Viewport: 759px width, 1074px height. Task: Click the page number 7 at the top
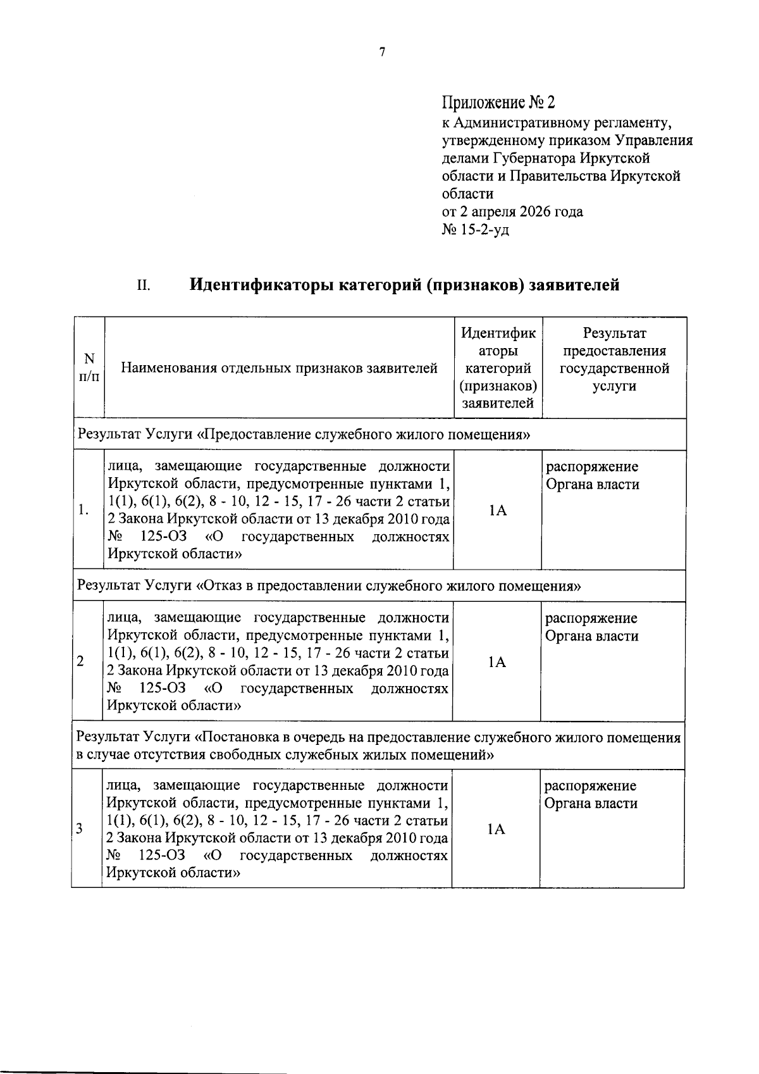[x=382, y=53]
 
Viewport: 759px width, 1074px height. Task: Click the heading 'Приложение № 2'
[x=498, y=103]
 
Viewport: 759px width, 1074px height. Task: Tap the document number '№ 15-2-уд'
[x=475, y=229]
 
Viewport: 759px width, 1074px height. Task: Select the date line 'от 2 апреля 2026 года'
[x=512, y=211]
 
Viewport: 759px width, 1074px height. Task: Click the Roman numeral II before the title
[x=144, y=286]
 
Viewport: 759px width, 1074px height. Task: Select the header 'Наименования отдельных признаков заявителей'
[x=279, y=368]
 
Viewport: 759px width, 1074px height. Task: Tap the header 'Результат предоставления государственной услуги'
[x=614, y=359]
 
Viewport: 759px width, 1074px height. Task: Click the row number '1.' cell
[x=83, y=511]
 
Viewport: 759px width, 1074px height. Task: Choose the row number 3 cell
[x=80, y=829]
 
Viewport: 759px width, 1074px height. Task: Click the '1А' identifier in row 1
[x=498, y=511]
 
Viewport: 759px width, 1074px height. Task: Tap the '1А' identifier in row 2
[x=497, y=662]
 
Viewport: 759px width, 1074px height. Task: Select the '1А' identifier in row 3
[x=497, y=829]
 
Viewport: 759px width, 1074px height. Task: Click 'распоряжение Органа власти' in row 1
[x=592, y=476]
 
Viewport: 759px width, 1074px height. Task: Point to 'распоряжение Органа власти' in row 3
[x=591, y=795]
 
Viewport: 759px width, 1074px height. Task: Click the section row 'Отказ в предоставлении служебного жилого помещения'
[x=329, y=586]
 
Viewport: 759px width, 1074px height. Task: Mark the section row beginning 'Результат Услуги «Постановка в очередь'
[x=378, y=746]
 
